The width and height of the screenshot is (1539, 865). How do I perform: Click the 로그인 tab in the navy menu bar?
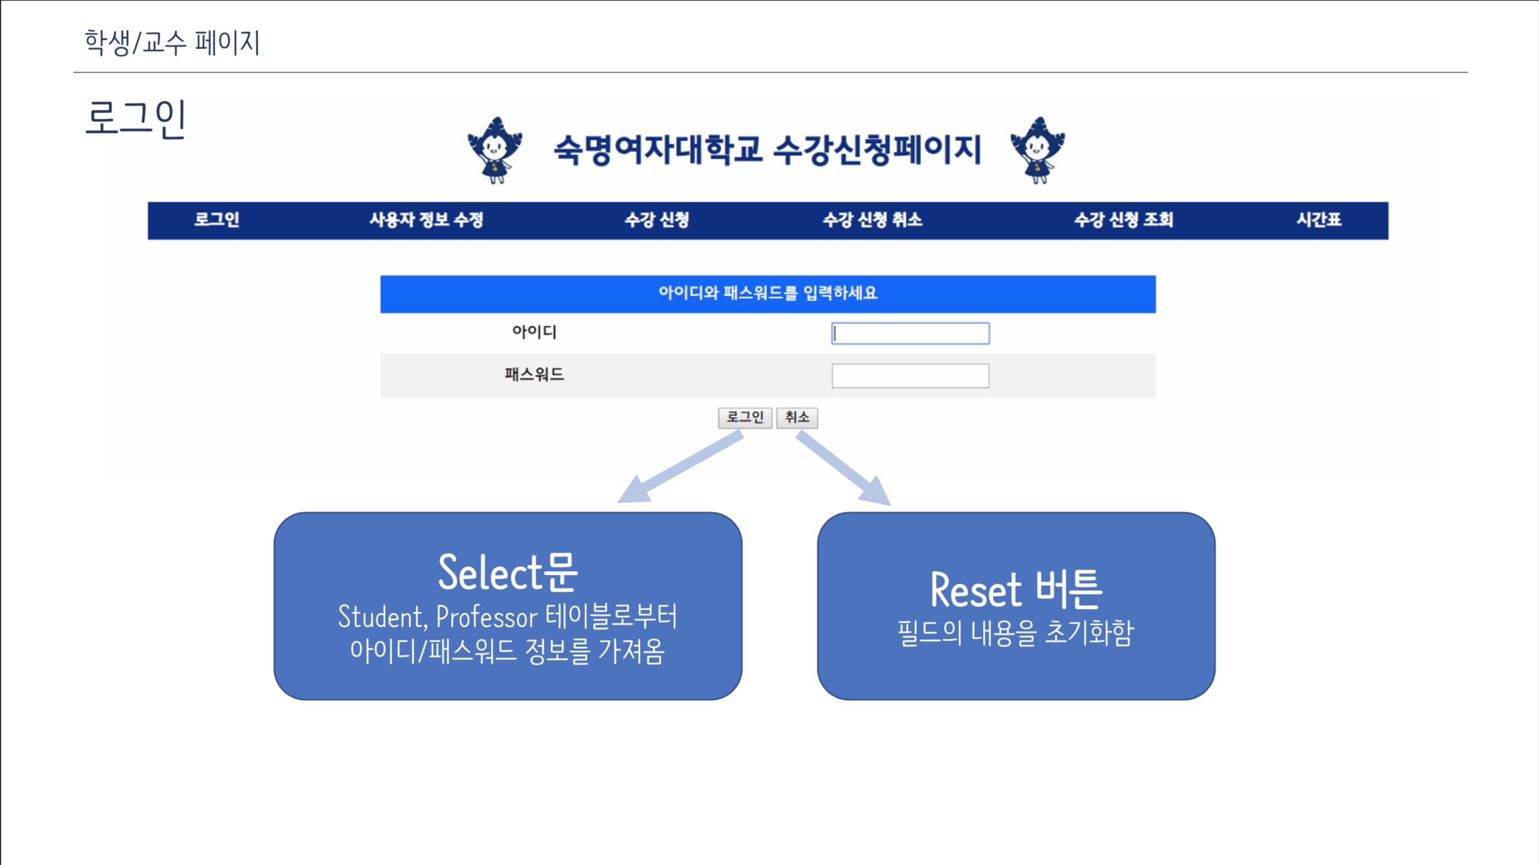pos(216,220)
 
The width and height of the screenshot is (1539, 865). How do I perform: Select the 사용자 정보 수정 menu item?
pos(426,220)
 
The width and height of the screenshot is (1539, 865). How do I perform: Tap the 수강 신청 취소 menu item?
pos(872,220)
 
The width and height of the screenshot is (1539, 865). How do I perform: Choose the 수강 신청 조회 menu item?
pos(1123,220)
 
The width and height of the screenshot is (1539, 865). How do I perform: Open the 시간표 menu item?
pos(1318,220)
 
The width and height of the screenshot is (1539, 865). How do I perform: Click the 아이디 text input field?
pos(910,333)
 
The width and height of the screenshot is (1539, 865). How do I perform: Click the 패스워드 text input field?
pos(910,376)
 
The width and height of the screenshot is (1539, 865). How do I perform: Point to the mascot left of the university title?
pos(495,150)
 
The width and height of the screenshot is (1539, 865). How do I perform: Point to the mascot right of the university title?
pos(1037,150)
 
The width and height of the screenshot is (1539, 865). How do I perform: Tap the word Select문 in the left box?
pos(508,572)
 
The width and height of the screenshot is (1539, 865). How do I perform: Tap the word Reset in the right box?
pos(976,590)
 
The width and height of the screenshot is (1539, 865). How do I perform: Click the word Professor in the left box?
pos(487,617)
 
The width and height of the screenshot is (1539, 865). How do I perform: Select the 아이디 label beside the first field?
pos(534,332)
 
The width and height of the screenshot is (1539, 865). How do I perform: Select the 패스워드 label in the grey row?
pos(534,375)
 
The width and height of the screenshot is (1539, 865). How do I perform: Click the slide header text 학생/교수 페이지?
pos(172,42)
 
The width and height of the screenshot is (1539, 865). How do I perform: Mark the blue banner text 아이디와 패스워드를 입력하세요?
pos(768,293)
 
